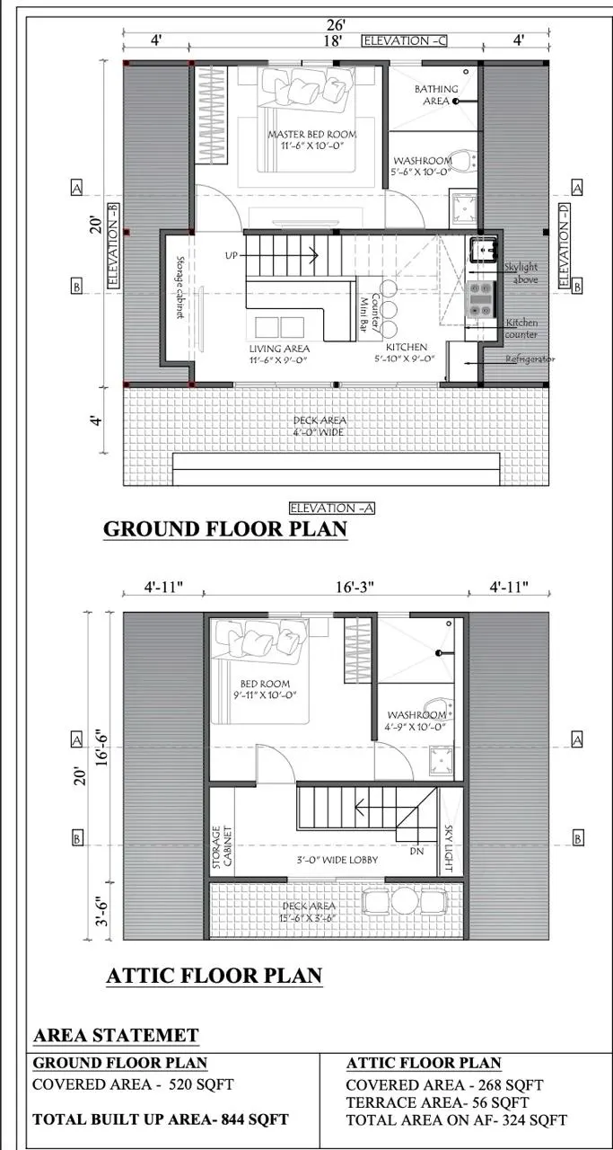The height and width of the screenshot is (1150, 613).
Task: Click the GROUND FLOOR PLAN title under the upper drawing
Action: (x=225, y=529)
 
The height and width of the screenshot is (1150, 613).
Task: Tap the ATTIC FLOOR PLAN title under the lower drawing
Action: (x=215, y=976)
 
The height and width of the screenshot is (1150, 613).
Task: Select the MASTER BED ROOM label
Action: (x=312, y=135)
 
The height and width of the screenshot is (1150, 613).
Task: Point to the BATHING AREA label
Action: (x=436, y=95)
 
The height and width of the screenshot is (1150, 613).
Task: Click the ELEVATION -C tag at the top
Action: (x=404, y=40)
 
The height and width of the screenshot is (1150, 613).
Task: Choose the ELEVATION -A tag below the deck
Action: (x=332, y=509)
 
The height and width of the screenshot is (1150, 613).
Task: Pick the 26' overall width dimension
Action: (x=336, y=24)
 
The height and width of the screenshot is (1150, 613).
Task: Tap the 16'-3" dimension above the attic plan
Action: (x=355, y=587)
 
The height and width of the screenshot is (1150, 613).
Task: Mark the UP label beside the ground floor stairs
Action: (x=232, y=255)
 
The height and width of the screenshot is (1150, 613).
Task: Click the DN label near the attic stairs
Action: (x=417, y=851)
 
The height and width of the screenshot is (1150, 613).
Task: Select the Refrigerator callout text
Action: (x=530, y=358)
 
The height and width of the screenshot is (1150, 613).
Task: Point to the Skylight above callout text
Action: (x=521, y=273)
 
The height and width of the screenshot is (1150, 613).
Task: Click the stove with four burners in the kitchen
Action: (x=480, y=299)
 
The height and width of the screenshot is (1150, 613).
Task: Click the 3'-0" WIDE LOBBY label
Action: (x=337, y=860)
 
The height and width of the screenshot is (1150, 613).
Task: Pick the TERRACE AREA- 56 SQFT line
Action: (x=437, y=1102)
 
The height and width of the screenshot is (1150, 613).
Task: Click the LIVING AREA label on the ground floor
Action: (x=279, y=349)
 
